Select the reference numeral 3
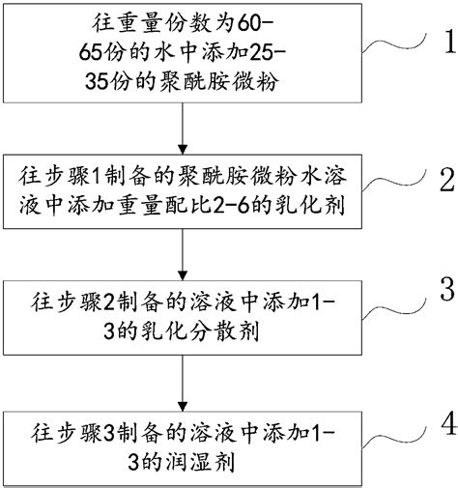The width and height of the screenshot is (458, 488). click(x=444, y=289)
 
